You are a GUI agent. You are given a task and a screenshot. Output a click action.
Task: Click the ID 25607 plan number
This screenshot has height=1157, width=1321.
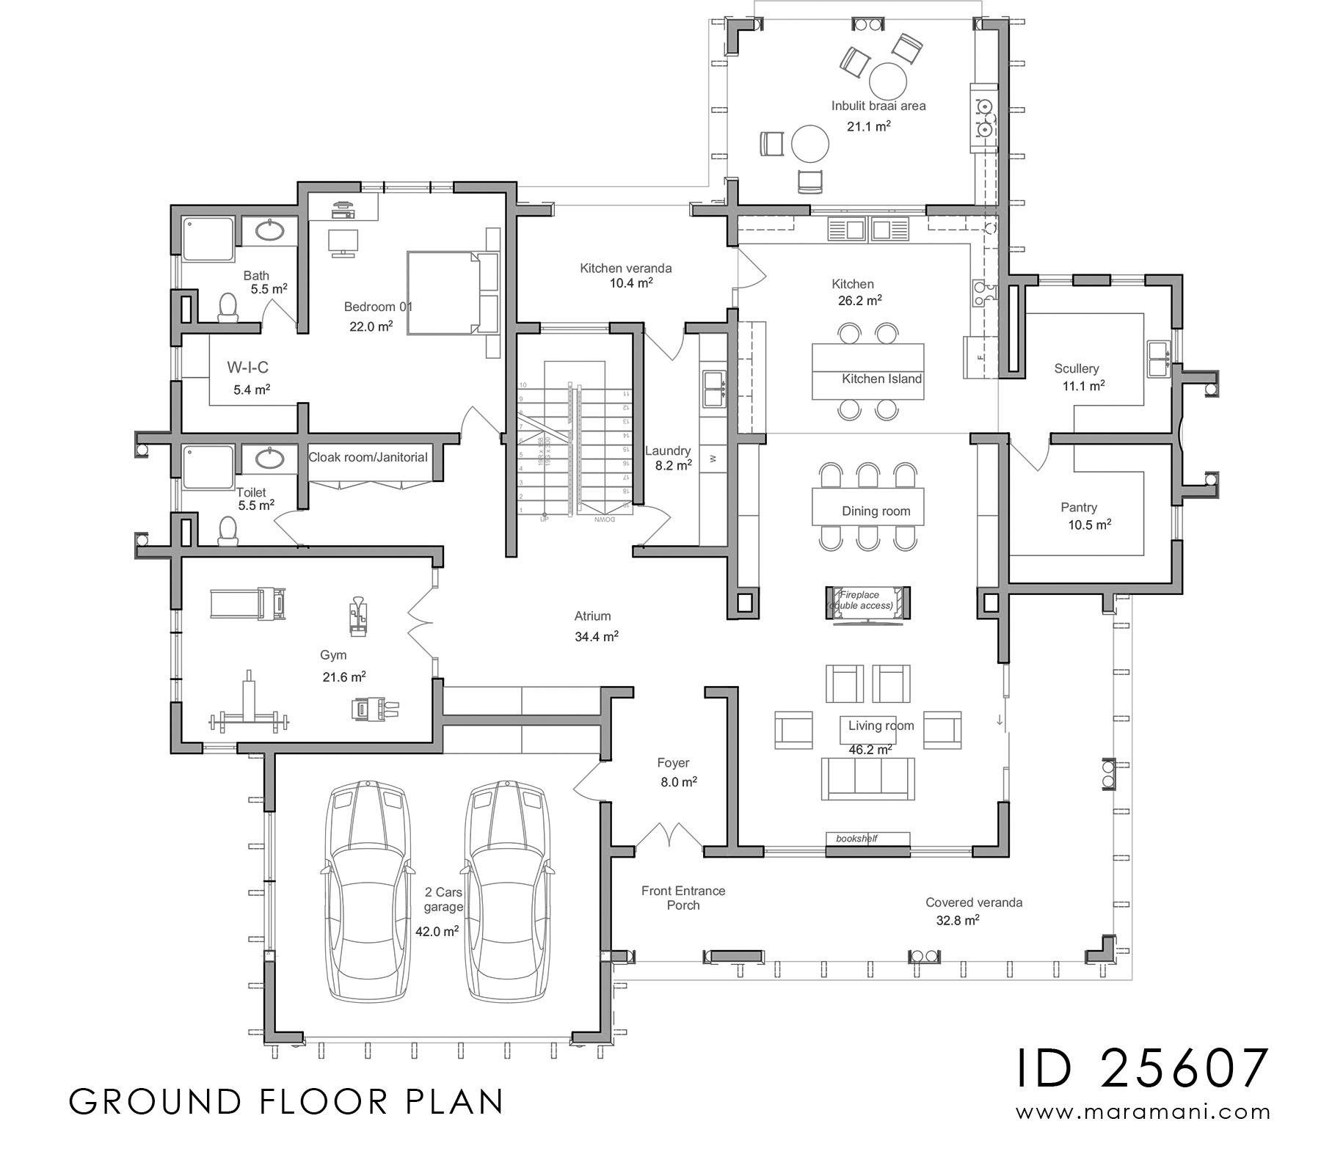pyautogui.click(x=1143, y=1068)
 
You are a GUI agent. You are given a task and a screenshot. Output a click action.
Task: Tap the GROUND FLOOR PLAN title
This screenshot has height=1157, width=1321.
pyautogui.click(x=286, y=1101)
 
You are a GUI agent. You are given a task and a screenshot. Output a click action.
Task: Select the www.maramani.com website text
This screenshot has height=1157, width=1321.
pyautogui.click(x=1143, y=1112)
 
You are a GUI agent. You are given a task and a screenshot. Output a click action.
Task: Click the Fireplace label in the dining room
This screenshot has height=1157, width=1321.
pyautogui.click(x=860, y=594)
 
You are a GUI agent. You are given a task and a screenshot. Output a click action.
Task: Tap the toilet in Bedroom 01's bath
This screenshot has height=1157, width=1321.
pyautogui.click(x=228, y=307)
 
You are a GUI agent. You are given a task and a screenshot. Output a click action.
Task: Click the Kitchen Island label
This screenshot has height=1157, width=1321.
pyautogui.click(x=881, y=379)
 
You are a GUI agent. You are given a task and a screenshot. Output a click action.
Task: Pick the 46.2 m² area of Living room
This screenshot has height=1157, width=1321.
pyautogui.click(x=870, y=750)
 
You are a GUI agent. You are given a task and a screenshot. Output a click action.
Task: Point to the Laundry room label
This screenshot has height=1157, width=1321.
pyautogui.click(x=667, y=450)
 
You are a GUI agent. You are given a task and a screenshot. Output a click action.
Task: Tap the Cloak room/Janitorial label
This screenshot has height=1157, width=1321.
pyautogui.click(x=368, y=457)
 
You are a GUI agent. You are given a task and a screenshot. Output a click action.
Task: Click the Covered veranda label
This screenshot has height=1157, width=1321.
pyautogui.click(x=973, y=902)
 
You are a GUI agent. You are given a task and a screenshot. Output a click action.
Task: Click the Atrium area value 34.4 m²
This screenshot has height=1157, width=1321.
pyautogui.click(x=596, y=637)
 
